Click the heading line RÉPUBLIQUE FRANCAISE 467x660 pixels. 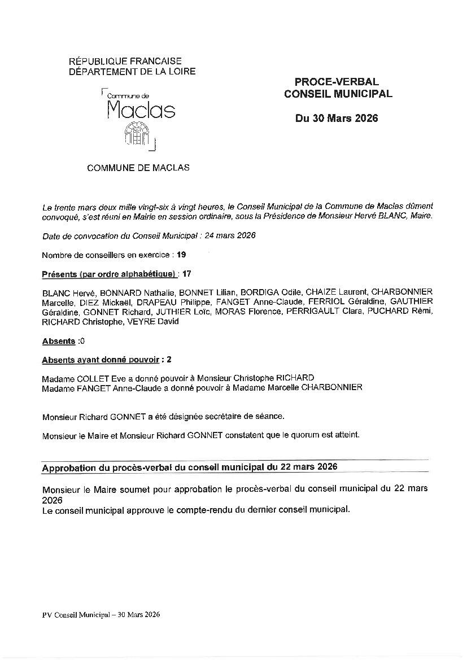click(125, 61)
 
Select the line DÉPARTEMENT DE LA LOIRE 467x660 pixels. click(132, 71)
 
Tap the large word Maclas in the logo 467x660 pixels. click(141, 109)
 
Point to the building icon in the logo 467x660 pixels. click(137, 133)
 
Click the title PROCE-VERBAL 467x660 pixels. click(337, 82)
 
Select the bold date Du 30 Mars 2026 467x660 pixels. click(337, 119)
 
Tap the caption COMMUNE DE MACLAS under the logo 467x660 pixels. click(138, 168)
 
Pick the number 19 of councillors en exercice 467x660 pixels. click(181, 255)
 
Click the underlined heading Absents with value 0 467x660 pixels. click(59, 342)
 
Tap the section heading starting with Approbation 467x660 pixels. click(190, 467)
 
